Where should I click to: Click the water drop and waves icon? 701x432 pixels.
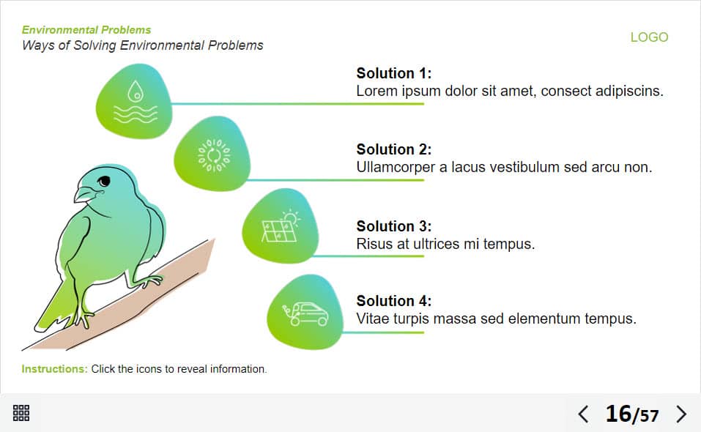(136, 102)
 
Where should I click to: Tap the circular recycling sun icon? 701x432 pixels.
(214, 155)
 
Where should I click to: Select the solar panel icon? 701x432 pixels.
(281, 226)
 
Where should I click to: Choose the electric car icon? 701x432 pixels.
(305, 313)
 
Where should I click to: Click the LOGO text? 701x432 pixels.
(649, 37)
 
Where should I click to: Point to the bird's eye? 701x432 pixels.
(104, 181)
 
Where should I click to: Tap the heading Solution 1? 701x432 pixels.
(394, 73)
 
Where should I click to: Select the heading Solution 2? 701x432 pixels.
(394, 149)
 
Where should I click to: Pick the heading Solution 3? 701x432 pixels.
(394, 226)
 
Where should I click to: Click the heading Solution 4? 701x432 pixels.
(394, 301)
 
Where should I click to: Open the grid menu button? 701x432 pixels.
(21, 413)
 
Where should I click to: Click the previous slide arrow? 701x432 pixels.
(583, 414)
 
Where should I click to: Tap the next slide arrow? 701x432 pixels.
(681, 414)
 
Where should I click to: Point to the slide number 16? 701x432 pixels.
(618, 414)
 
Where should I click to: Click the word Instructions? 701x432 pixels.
(53, 369)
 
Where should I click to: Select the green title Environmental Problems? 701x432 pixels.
(86, 30)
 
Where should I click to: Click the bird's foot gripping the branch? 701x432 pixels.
(147, 281)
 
